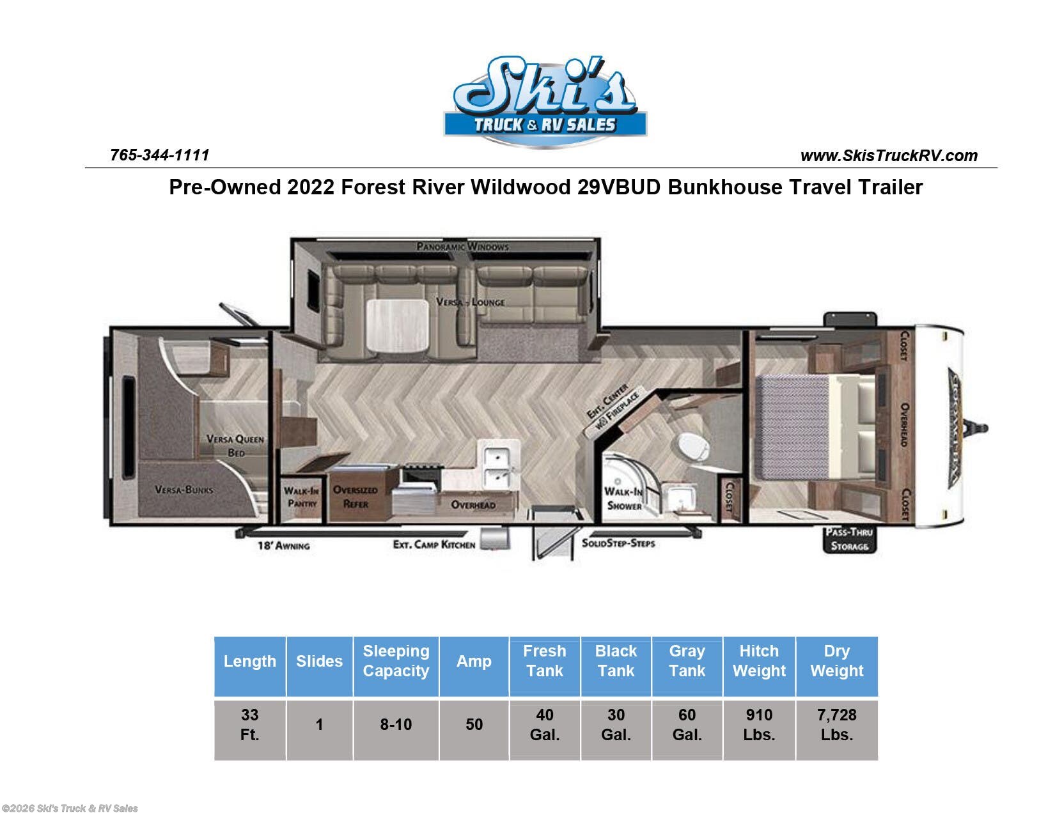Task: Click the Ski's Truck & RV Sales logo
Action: point(545,101)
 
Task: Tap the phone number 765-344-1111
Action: point(160,155)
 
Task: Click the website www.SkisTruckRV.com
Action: point(889,155)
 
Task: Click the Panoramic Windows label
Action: point(462,246)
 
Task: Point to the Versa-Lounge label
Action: point(471,302)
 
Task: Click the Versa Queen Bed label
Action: point(235,446)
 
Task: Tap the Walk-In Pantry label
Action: point(301,497)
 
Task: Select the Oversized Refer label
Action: point(356,497)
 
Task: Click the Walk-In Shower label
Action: point(623,499)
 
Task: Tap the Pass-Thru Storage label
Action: point(849,539)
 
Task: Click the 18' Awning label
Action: point(283,545)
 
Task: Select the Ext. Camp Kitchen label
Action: point(434,545)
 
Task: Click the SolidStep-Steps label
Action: point(618,543)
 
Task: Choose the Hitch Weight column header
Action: point(759,661)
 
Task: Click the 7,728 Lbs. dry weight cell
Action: point(836,725)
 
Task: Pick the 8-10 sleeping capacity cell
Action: point(396,725)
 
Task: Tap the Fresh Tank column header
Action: point(544,661)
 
